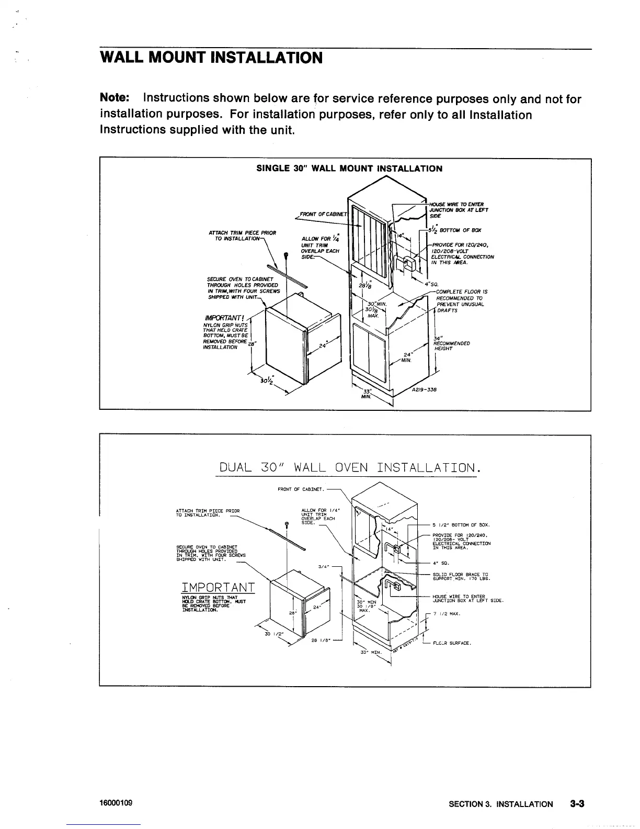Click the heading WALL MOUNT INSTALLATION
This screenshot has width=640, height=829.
[x=211, y=57]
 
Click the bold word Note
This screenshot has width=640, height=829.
[x=115, y=98]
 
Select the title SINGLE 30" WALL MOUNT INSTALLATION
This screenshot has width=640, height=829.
[x=349, y=169]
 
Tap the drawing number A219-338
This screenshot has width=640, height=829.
[x=424, y=390]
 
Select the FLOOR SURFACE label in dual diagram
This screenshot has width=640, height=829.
[x=452, y=643]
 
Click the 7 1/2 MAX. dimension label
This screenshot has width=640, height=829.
[x=447, y=614]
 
